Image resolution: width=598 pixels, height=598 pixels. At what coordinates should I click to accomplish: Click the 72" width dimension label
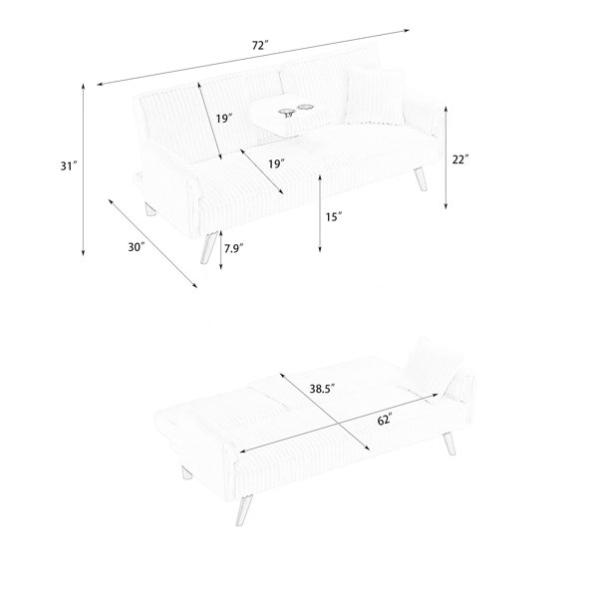260,46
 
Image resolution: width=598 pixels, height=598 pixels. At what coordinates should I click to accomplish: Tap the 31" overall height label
69,165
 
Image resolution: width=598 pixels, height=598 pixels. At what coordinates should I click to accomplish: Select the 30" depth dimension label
137,247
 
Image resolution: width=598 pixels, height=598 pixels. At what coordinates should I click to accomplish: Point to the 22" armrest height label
460,159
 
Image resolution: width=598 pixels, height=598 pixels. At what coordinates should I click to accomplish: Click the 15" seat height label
334,217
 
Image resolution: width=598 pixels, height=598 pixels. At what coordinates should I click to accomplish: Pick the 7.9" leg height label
234,248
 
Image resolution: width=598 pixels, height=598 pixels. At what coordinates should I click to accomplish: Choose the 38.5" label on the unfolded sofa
322,389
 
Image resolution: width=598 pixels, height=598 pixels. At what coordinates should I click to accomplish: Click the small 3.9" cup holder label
289,115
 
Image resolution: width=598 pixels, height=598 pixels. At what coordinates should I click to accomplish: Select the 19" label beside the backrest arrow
224,119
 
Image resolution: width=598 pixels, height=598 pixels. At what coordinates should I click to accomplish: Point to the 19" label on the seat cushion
277,164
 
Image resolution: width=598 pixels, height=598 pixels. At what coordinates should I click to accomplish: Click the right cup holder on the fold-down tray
305,108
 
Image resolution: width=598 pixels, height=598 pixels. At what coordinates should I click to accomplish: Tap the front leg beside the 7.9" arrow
208,247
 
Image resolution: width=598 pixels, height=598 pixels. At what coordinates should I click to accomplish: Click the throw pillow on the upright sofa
376,96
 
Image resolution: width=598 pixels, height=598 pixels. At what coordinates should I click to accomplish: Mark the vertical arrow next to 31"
83,169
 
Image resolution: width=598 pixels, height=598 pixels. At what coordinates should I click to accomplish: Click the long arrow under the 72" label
253,57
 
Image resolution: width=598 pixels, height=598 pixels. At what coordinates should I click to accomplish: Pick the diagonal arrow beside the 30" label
152,243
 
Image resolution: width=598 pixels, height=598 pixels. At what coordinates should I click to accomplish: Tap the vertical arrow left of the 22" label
446,157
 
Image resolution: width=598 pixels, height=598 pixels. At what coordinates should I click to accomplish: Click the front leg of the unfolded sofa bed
243,510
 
